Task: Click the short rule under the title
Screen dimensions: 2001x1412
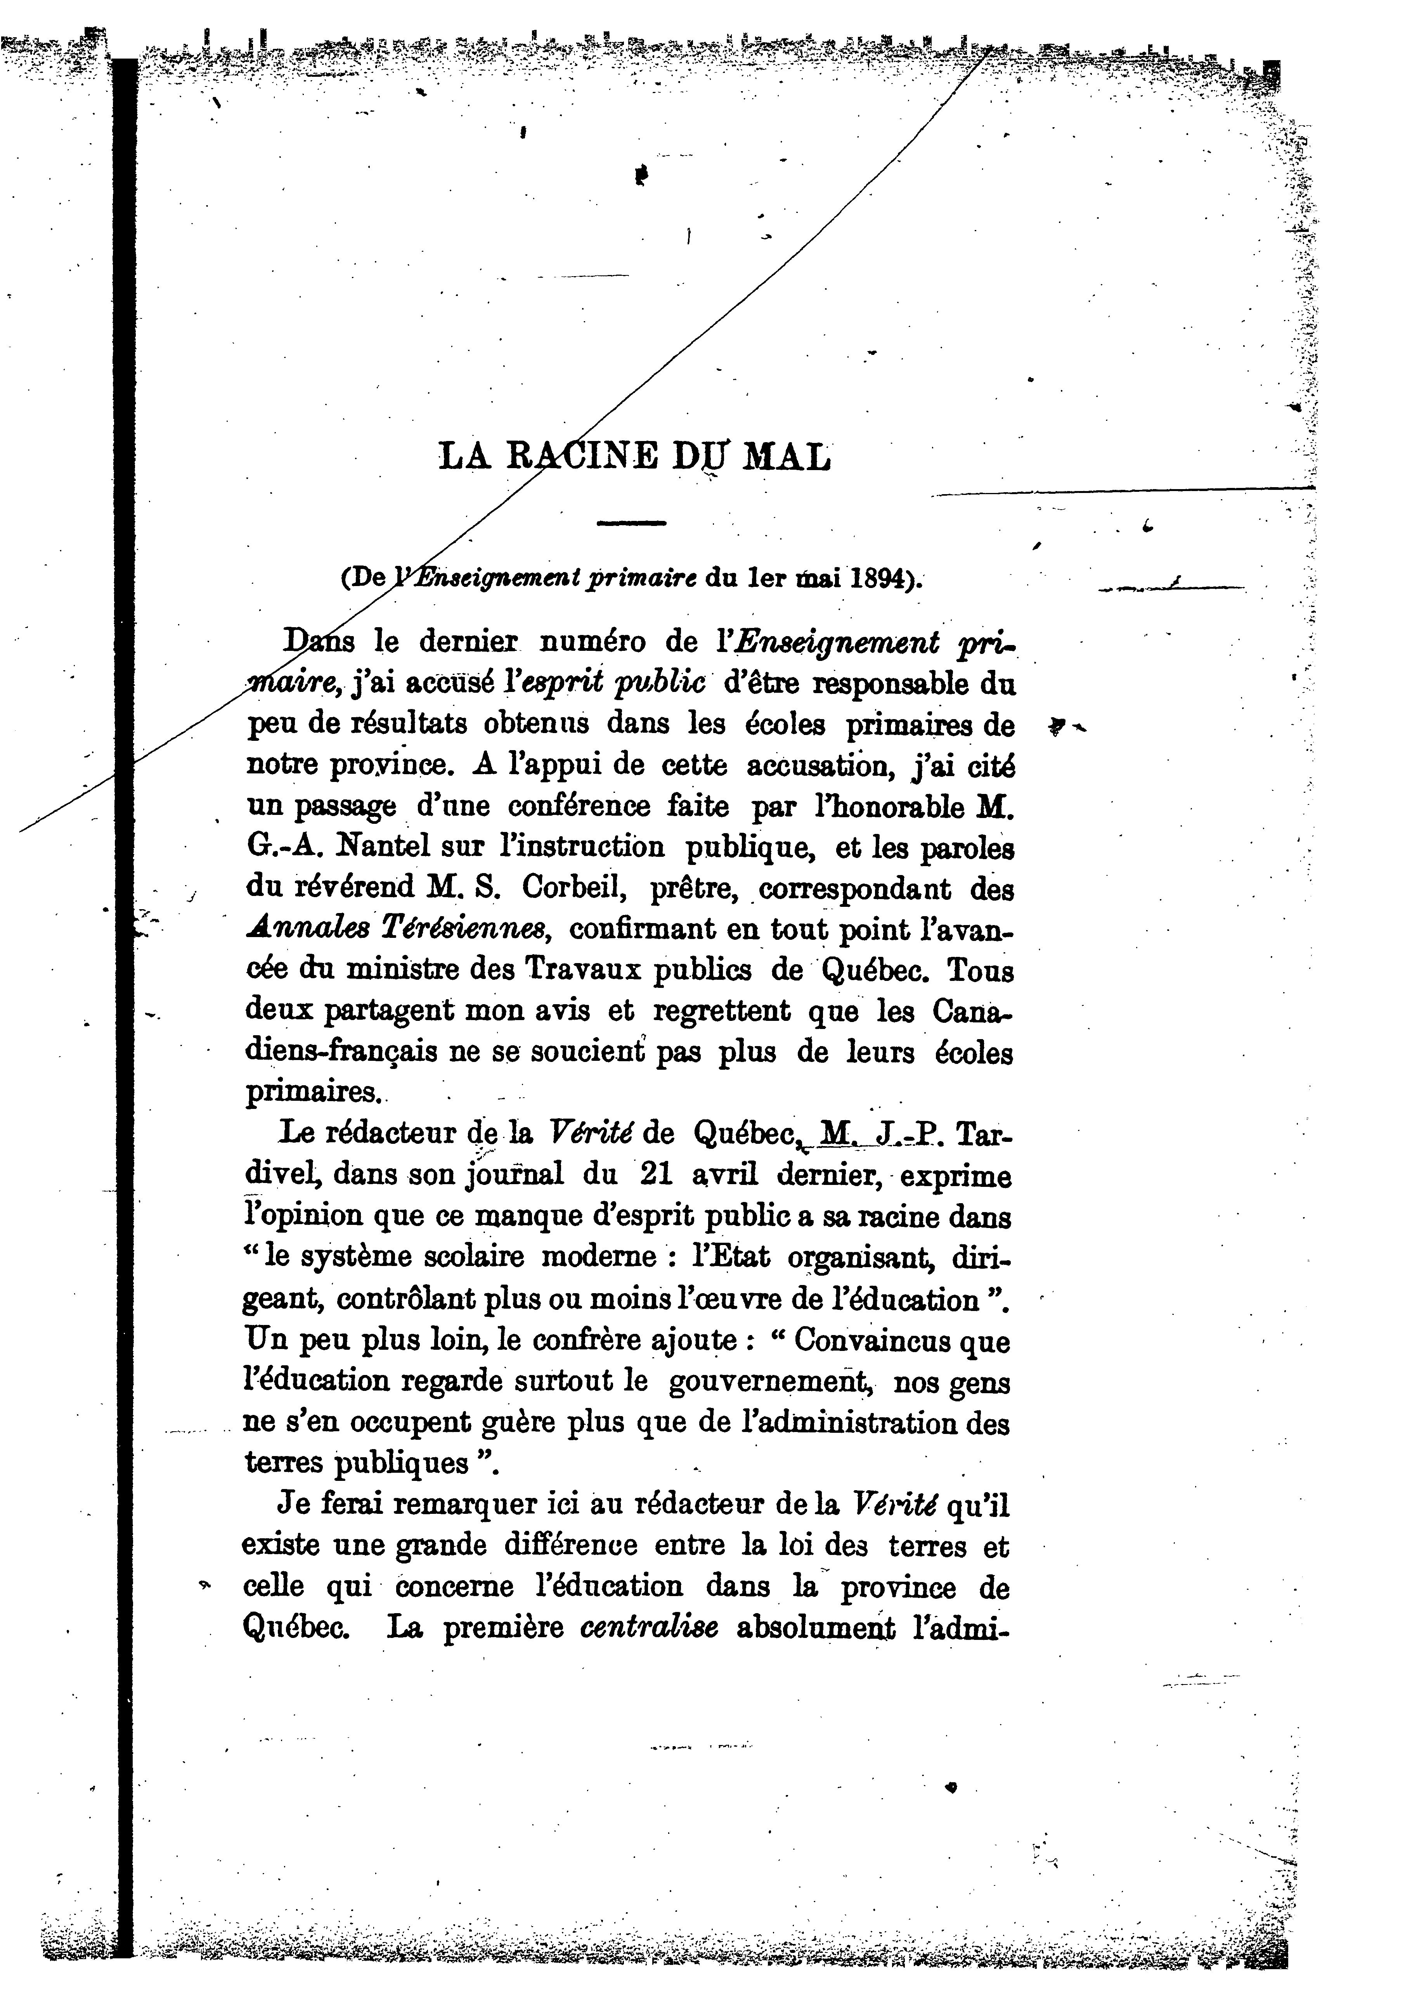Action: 631,523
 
